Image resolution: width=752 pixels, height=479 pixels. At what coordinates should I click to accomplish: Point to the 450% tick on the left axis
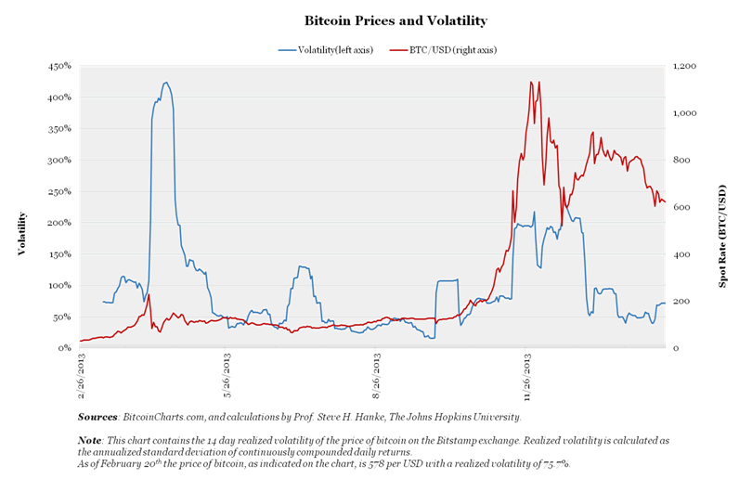(x=59, y=66)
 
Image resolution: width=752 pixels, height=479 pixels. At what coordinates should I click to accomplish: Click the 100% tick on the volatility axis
(x=59, y=286)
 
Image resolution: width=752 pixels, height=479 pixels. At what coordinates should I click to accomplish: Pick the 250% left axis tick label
(x=59, y=191)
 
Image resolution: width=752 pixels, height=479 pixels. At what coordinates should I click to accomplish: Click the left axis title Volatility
(x=21, y=233)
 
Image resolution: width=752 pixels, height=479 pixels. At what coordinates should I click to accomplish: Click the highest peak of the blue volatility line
(x=166, y=83)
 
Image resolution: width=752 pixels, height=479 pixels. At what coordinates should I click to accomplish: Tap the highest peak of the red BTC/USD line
(x=531, y=82)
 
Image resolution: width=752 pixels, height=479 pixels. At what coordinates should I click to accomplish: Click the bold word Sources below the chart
(x=97, y=418)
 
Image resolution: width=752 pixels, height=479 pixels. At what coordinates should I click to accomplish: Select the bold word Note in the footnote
(x=91, y=439)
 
